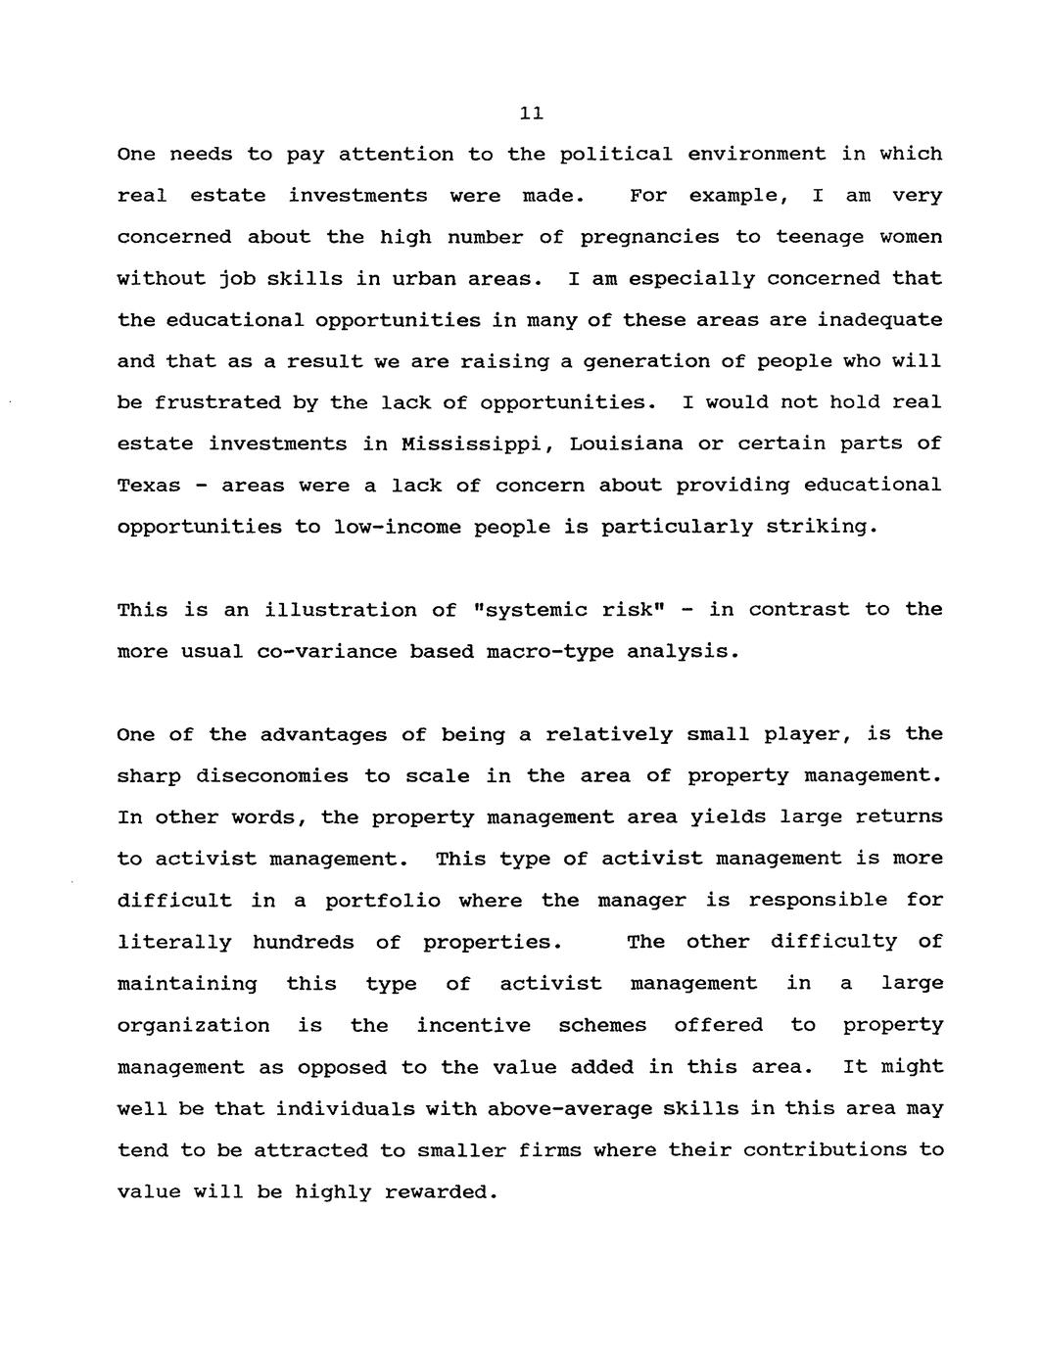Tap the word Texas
149,487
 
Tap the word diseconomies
272,776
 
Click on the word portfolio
383,901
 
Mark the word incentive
474,1026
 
